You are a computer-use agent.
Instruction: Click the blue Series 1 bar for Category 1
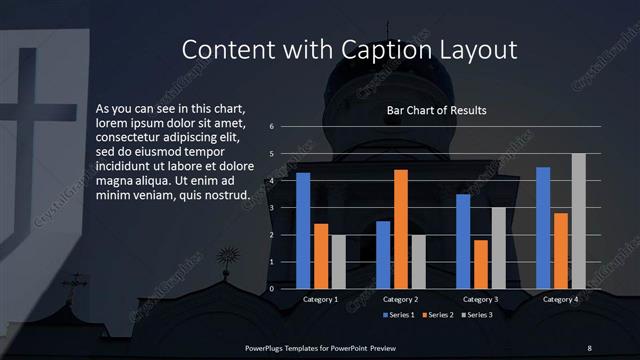tap(303, 231)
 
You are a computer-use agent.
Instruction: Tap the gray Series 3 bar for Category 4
tap(578, 221)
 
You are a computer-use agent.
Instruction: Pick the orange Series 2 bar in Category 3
tap(481, 264)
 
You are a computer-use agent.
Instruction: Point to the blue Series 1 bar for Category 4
tap(543, 228)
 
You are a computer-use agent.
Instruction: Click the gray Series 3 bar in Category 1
tap(338, 262)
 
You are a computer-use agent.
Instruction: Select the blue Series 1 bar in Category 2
tap(383, 255)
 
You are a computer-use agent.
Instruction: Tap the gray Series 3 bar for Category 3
tap(498, 248)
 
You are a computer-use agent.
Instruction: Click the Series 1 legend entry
tap(401, 315)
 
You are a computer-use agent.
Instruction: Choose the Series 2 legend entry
tap(440, 315)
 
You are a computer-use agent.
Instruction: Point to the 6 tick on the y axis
tap(272, 127)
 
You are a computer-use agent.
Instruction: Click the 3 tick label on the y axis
tap(272, 208)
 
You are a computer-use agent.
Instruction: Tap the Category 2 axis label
tap(400, 299)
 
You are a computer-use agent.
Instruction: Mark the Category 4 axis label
tap(560, 299)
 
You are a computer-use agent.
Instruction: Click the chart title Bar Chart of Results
tap(437, 110)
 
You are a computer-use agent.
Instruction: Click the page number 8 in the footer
tap(589, 347)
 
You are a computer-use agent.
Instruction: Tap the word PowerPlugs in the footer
tap(267, 347)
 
